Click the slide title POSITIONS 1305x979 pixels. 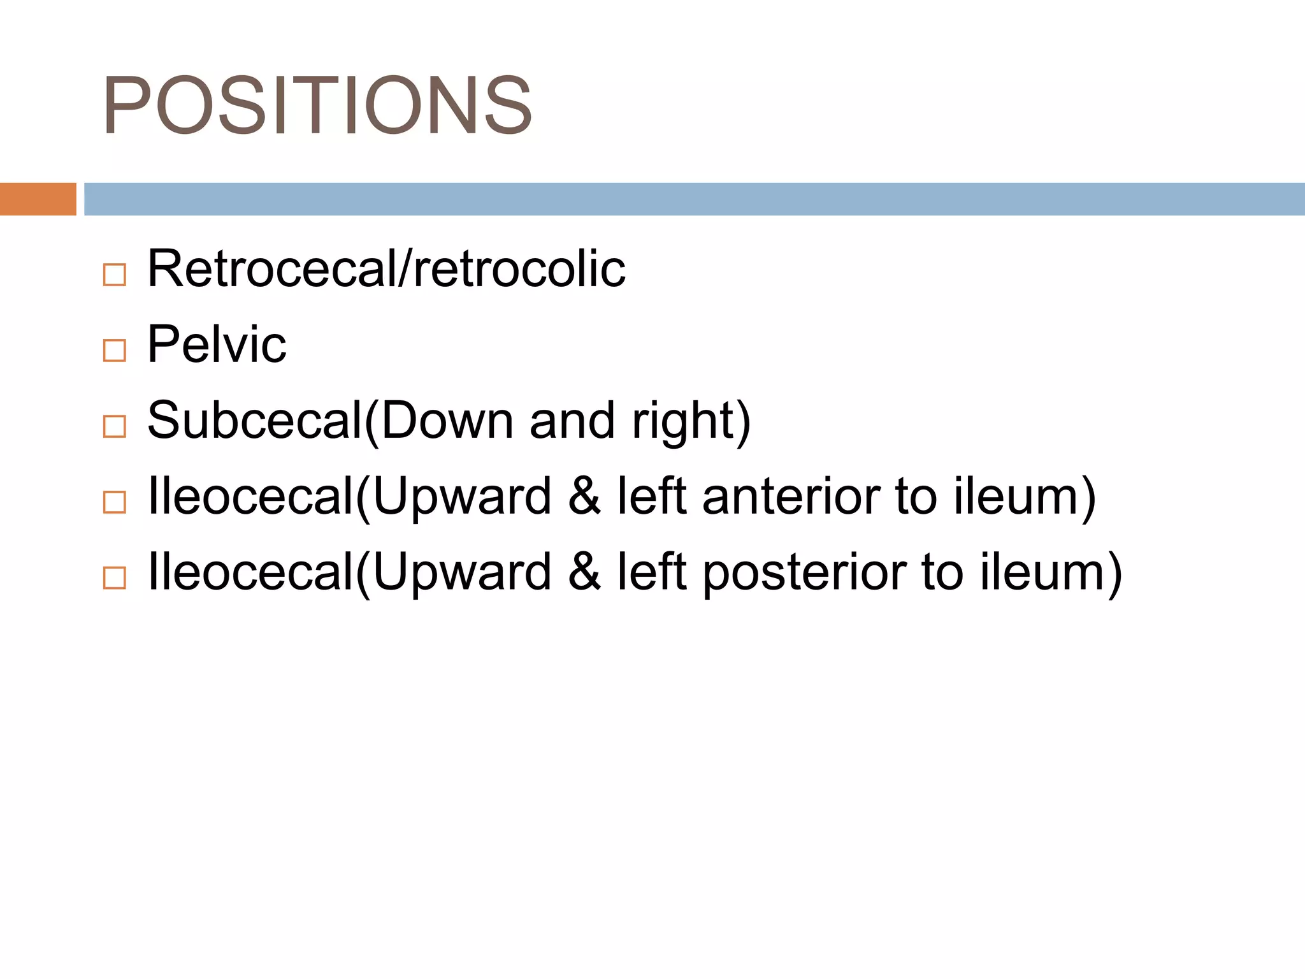coord(317,105)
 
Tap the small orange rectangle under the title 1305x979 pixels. coord(38,199)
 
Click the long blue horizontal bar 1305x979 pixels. coord(694,199)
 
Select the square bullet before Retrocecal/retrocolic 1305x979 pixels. coord(115,275)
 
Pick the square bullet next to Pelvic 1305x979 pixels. coord(115,351)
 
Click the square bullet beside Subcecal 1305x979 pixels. coord(115,426)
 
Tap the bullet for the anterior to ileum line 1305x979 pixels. coord(115,502)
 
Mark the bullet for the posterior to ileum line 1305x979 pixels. coord(115,578)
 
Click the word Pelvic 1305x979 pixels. coord(217,345)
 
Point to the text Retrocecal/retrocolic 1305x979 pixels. coord(386,269)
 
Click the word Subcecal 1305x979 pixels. coord(255,421)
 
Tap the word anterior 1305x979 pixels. coord(790,497)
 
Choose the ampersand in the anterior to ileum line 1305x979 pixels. coord(584,497)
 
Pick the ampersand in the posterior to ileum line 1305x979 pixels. coord(584,572)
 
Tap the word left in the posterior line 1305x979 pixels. coord(651,572)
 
